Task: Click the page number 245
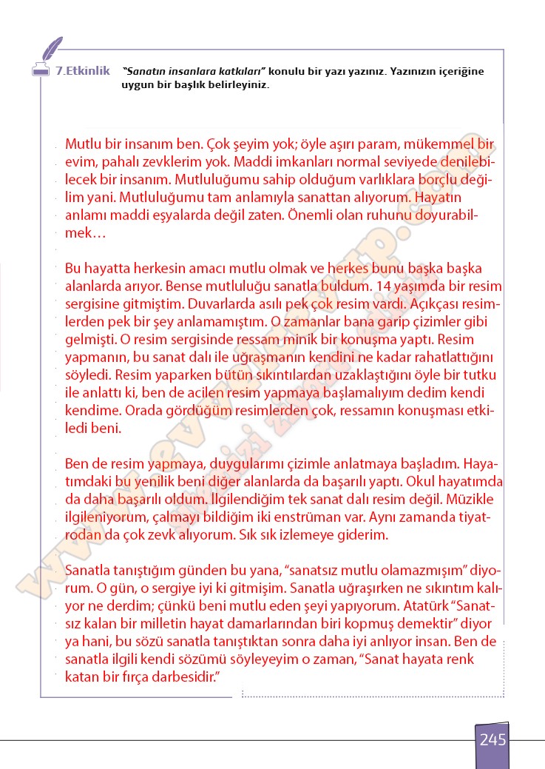492,739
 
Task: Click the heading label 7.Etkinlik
83,72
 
